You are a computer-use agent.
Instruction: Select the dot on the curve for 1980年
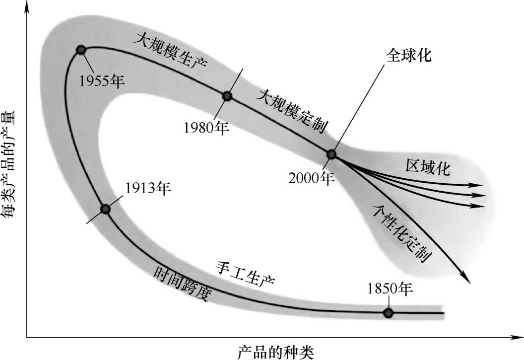pyautogui.click(x=227, y=96)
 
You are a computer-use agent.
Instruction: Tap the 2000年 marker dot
pyautogui.click(x=331, y=154)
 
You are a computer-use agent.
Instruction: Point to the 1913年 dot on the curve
pyautogui.click(x=105, y=209)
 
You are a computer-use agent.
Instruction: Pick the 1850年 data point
pyautogui.click(x=388, y=313)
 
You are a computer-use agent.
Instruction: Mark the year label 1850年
pyautogui.click(x=391, y=288)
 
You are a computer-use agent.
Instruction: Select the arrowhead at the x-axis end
pyautogui.click(x=516, y=338)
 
